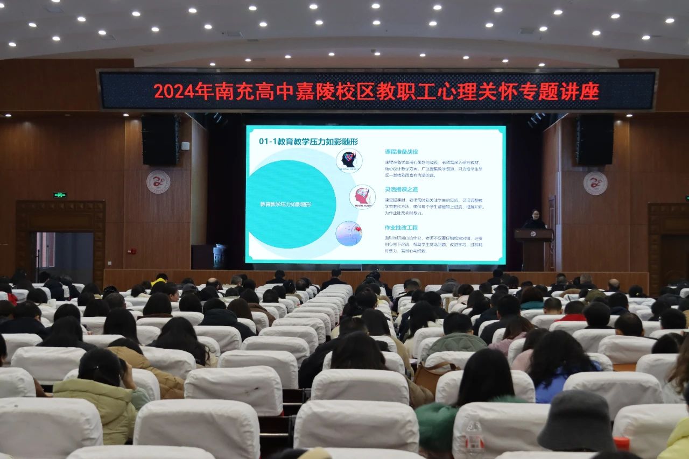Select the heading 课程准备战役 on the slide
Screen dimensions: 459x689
pos(401,151)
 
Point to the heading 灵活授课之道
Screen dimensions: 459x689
pos(401,189)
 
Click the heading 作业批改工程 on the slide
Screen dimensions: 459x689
pos(401,228)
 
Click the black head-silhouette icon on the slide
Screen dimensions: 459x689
pos(349,160)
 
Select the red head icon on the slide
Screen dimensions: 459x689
pos(362,197)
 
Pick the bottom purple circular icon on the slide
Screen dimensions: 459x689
pos(349,234)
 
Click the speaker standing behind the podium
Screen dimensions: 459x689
pos(534,220)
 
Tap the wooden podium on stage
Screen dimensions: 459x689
pos(533,249)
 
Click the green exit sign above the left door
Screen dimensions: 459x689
pos(59,195)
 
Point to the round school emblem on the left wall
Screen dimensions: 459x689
pos(158,182)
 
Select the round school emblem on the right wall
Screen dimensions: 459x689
pos(595,183)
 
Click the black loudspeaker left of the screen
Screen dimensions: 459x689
pos(160,140)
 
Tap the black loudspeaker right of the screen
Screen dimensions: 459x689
pos(594,140)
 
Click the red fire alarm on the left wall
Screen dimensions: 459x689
pos(131,251)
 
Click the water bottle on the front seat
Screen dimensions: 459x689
pos(474,436)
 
